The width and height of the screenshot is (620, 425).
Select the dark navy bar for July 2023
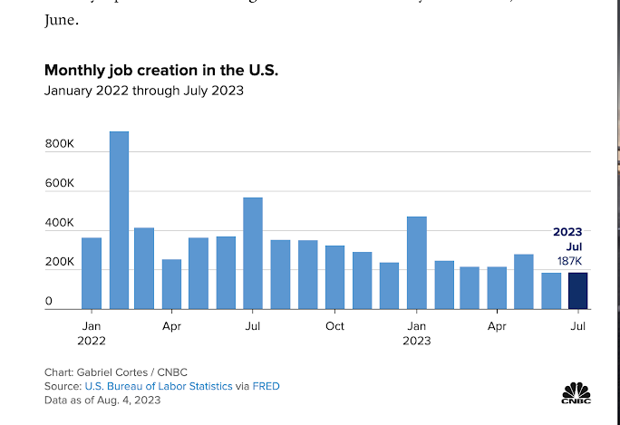tap(577, 291)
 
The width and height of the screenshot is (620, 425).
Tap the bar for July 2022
tap(253, 253)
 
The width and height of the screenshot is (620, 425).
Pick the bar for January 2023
tap(417, 263)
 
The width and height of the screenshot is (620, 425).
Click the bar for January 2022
tap(92, 273)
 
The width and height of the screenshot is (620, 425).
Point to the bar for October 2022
tap(334, 277)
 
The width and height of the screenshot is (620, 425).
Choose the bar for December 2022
tap(389, 285)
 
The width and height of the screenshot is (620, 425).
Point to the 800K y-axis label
tap(59, 144)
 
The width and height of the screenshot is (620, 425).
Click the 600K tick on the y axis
tap(59, 183)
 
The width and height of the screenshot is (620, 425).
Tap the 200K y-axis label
tap(59, 262)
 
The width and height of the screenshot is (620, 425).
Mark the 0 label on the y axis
tap(48, 301)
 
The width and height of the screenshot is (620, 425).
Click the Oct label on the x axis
tap(334, 324)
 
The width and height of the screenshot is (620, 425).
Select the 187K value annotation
tap(569, 261)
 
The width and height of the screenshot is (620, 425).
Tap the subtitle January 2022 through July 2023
tap(144, 91)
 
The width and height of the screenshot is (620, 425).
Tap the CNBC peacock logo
tap(576, 392)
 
